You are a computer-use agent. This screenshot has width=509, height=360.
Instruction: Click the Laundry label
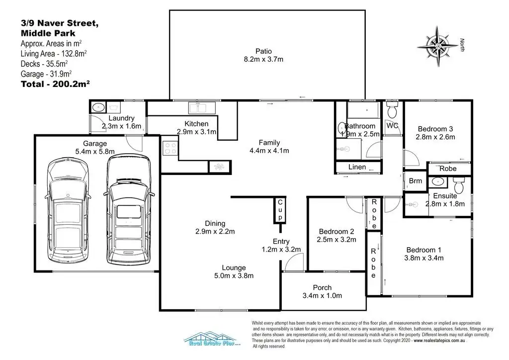[121, 118]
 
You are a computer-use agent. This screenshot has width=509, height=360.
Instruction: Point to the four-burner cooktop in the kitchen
[170, 148]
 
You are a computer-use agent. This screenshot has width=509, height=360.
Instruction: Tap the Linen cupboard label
[357, 167]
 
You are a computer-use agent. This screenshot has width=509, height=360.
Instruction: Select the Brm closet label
[415, 181]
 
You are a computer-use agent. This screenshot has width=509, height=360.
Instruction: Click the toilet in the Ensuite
[460, 186]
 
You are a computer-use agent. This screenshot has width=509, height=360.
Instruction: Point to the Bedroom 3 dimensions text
[435, 138]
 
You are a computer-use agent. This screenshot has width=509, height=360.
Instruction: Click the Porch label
[322, 287]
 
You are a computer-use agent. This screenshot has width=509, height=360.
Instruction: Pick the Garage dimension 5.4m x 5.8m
[94, 151]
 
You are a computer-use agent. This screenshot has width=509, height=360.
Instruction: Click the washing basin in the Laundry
[97, 106]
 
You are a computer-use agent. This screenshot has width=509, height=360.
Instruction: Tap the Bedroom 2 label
[337, 231]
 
